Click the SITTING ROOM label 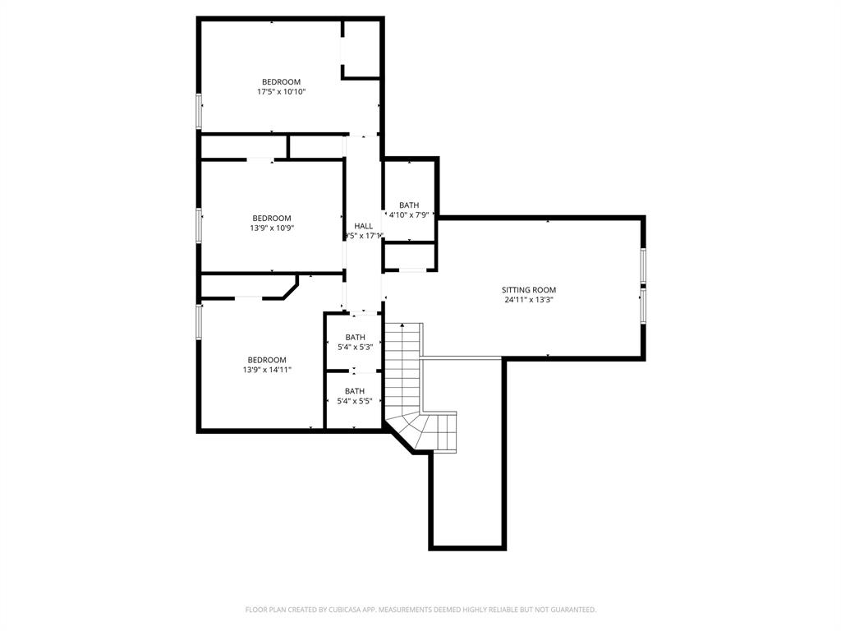point(529,290)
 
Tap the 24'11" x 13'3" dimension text point(529,300)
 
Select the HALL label point(363,226)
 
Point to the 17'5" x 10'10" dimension point(281,92)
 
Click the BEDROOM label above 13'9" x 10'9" point(271,218)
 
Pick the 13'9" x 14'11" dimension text point(267,370)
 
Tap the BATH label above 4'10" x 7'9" point(409,205)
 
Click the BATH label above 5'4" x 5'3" point(355,337)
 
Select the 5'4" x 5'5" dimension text point(355,401)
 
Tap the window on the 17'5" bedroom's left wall point(199,111)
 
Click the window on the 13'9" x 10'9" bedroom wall point(199,224)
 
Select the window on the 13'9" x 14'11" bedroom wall point(199,321)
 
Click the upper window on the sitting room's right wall point(643,265)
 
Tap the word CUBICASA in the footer point(335,610)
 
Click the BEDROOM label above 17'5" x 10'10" point(281,81)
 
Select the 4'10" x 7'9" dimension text point(409,214)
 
